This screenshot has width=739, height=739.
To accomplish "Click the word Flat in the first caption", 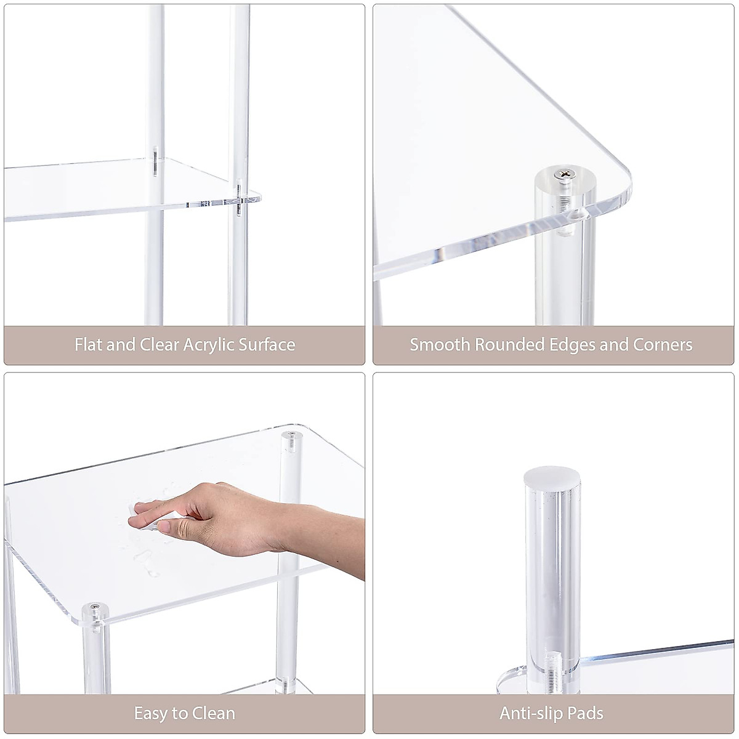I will (x=88, y=344).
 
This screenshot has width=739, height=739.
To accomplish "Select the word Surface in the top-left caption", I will (x=267, y=344).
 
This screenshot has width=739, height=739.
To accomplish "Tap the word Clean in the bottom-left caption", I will (x=214, y=714).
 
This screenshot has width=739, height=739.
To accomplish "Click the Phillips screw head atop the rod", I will (x=564, y=176).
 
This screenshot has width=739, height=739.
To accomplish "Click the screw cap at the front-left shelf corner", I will (x=94, y=608).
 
